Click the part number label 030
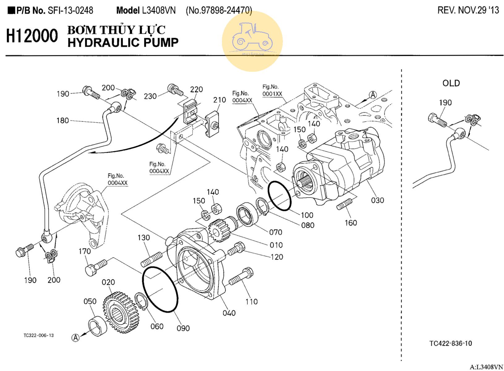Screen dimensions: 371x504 pyautogui.click(x=377, y=200)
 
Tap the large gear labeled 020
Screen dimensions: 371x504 pyautogui.click(x=121, y=313)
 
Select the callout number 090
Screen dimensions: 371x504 pyautogui.click(x=183, y=328)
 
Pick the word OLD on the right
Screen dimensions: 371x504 pyautogui.click(x=451, y=83)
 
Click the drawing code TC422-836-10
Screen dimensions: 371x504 pyautogui.click(x=451, y=343)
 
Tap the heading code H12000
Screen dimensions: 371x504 pyautogui.click(x=32, y=36)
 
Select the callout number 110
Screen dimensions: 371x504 pyautogui.click(x=251, y=301)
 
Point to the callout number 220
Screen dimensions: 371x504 pyautogui.click(x=196, y=90)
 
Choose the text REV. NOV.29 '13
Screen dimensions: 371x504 pyautogui.click(x=468, y=10)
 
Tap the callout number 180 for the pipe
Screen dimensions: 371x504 pyautogui.click(x=62, y=121)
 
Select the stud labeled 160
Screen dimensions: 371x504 pyautogui.click(x=344, y=204)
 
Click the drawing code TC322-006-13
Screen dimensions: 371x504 pyautogui.click(x=39, y=335)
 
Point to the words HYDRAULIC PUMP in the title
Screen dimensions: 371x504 pyautogui.click(x=123, y=43)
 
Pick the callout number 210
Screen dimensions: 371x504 pyautogui.click(x=220, y=100)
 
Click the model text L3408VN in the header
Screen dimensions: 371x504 pyautogui.click(x=159, y=11)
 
